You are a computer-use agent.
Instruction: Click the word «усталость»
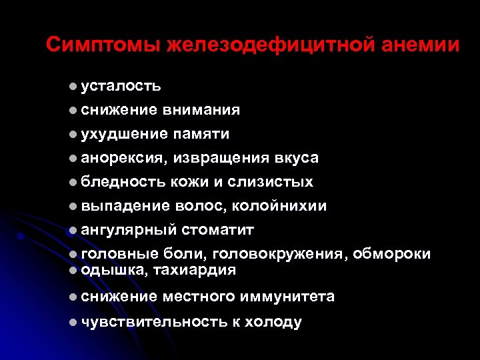point(121,86)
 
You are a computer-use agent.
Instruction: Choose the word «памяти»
point(201,134)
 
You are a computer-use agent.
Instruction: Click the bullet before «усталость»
point(72,86)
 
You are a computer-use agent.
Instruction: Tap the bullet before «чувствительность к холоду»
point(72,322)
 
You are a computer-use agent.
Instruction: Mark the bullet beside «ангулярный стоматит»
point(72,230)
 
